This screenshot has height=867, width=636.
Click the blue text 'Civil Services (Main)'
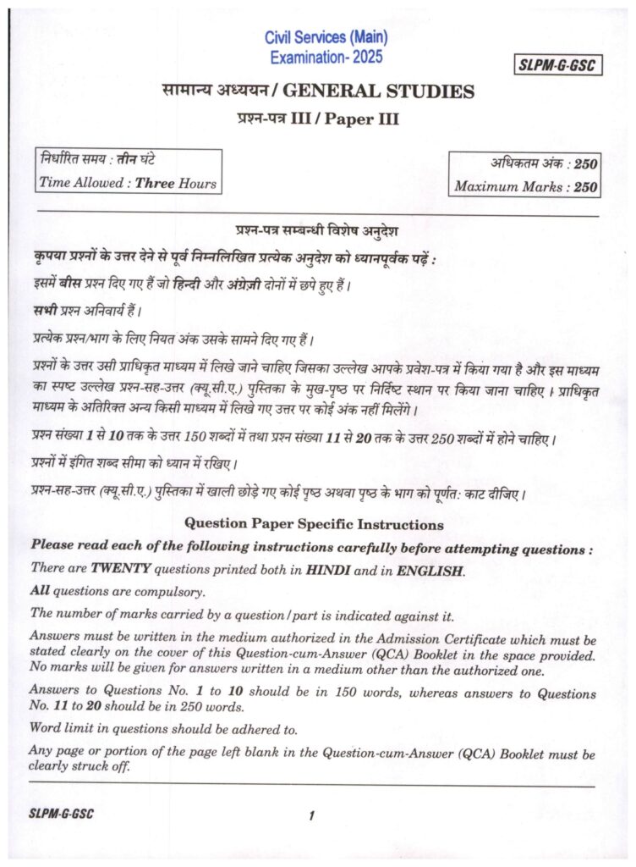pyautogui.click(x=325, y=38)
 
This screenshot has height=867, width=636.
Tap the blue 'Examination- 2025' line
pyautogui.click(x=326, y=58)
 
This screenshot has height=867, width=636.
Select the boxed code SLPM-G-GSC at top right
pyautogui.click(x=557, y=65)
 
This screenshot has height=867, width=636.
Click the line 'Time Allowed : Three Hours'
pyautogui.click(x=128, y=183)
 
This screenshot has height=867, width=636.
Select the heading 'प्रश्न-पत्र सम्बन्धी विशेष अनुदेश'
pyautogui.click(x=317, y=231)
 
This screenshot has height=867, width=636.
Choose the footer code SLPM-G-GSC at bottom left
pyautogui.click(x=60, y=815)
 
